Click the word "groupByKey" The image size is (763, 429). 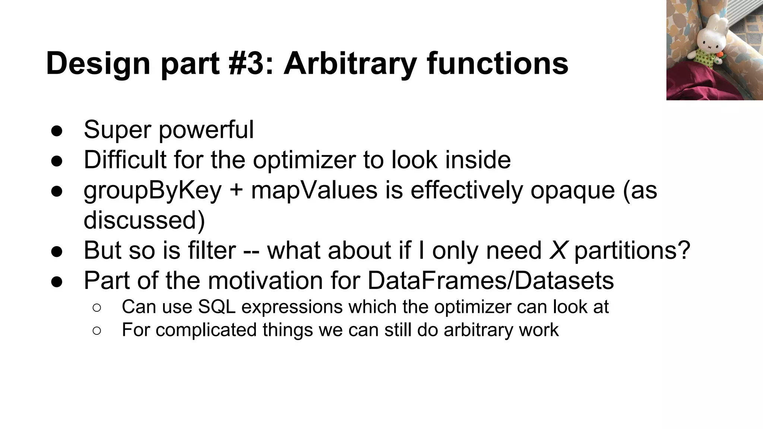point(153,190)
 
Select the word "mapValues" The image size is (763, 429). point(314,190)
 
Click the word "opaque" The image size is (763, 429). point(572,191)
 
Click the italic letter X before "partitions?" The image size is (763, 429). point(558,250)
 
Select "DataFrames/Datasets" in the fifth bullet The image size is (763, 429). point(491,280)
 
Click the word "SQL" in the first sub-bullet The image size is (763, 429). point(218,307)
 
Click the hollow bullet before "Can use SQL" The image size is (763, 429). point(96,308)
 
